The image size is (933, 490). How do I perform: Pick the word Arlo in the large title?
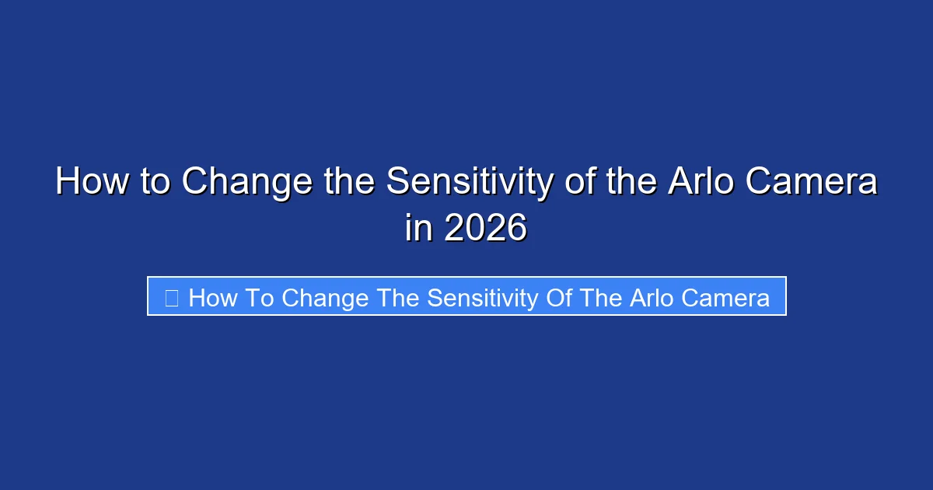point(699,183)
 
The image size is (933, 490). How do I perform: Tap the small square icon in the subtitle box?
point(172,298)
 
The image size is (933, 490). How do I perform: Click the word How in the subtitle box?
point(209,298)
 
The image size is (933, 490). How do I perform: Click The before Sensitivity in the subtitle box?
point(396,298)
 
